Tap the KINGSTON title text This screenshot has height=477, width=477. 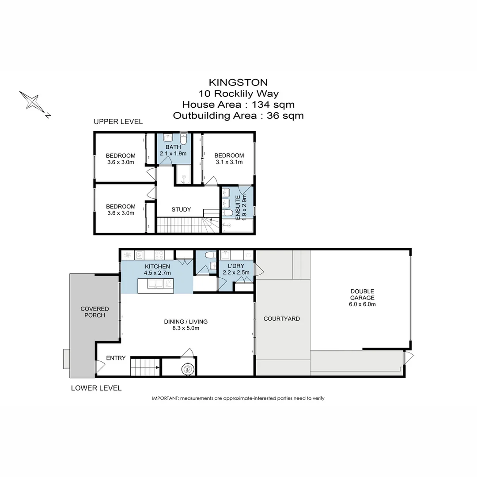click(238, 82)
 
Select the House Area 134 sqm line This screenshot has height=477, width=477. click(238, 105)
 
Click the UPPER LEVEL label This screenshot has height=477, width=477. click(118, 121)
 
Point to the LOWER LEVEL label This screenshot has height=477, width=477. click(96, 388)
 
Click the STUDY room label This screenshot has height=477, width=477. click(181, 209)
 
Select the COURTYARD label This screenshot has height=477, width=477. click(281, 318)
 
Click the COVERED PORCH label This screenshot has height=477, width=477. click(95, 312)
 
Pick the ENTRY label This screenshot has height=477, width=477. click(116, 358)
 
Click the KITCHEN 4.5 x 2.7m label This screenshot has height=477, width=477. click(157, 269)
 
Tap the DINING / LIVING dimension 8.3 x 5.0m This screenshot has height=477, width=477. click(185, 328)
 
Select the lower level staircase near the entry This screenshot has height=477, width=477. click(144, 366)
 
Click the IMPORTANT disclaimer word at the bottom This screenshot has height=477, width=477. click(164, 398)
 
